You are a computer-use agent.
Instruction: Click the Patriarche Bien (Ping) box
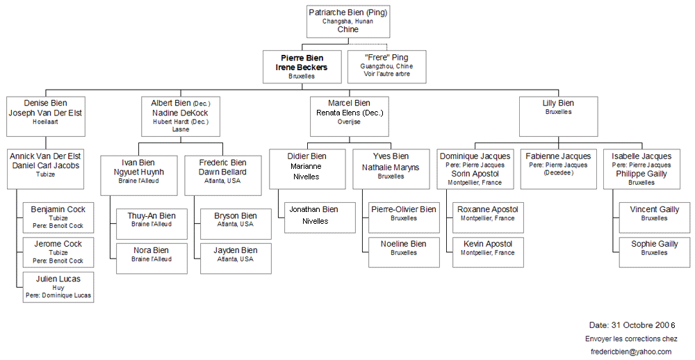[347, 21]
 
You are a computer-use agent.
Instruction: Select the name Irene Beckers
[302, 67]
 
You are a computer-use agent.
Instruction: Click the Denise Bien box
[46, 116]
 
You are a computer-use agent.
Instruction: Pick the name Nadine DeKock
[180, 113]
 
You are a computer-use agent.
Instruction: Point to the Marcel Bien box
[350, 116]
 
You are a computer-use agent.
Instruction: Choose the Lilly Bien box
[558, 116]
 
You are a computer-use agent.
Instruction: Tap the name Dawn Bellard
[222, 172]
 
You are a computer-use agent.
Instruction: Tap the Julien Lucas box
[58, 286]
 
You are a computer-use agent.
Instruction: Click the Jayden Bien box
[235, 256]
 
